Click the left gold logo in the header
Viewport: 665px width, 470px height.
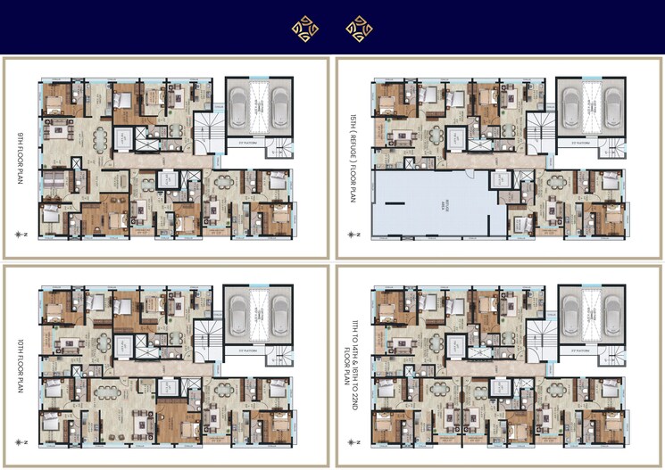pyautogui.click(x=304, y=29)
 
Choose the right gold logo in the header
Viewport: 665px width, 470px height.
pyautogui.click(x=359, y=29)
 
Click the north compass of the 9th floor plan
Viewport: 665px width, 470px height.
pyautogui.click(x=21, y=234)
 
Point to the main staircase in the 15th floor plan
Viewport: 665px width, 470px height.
pyautogui.click(x=538, y=130)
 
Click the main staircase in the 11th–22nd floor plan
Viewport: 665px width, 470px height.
pyautogui.click(x=538, y=338)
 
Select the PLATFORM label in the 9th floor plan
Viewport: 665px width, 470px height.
pyautogui.click(x=244, y=143)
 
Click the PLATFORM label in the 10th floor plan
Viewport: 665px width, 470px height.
pyautogui.click(x=244, y=350)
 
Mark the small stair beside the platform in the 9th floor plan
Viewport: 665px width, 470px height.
pyautogui.click(x=280, y=150)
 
